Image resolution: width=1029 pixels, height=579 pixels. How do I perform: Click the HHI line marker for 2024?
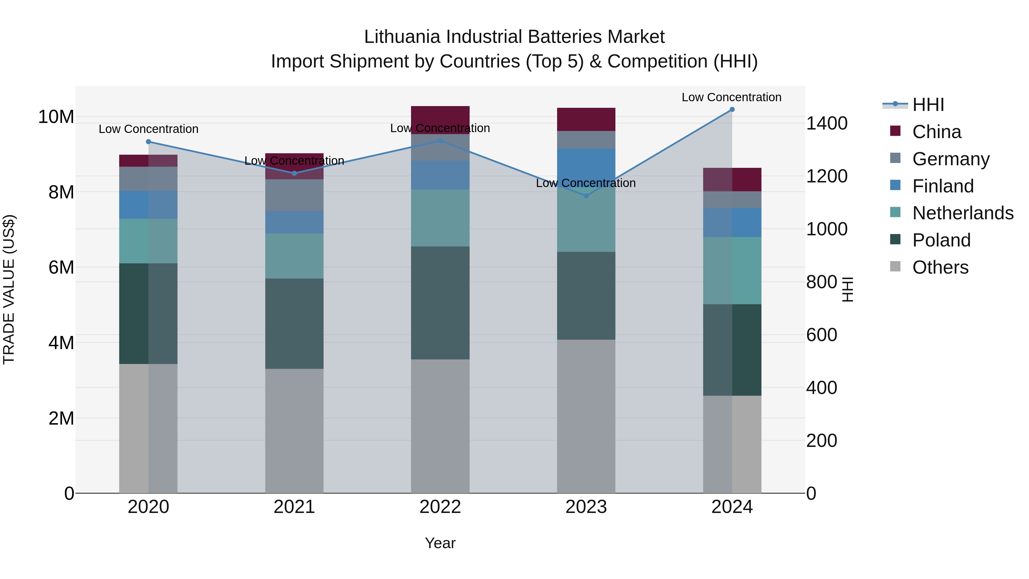point(732,110)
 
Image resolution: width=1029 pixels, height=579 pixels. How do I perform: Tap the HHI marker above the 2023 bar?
point(586,196)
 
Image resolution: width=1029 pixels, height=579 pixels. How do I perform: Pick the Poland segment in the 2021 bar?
point(294,324)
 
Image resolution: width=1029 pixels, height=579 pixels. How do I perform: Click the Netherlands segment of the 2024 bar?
point(732,270)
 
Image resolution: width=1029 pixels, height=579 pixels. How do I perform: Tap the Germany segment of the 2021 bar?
point(294,195)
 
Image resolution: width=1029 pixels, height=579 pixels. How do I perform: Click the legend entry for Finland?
point(943,186)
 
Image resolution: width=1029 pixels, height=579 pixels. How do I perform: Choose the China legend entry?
point(936,132)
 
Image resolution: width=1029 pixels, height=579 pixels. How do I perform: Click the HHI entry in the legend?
point(928,105)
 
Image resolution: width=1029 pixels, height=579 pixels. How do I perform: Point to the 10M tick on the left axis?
point(56,117)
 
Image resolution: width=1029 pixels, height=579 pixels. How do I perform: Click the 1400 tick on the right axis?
point(826,124)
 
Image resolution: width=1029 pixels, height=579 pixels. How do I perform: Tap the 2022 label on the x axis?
point(440,507)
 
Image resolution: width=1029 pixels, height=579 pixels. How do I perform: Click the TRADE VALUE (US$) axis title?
point(9,289)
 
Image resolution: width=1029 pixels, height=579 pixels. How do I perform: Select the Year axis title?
point(440,543)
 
